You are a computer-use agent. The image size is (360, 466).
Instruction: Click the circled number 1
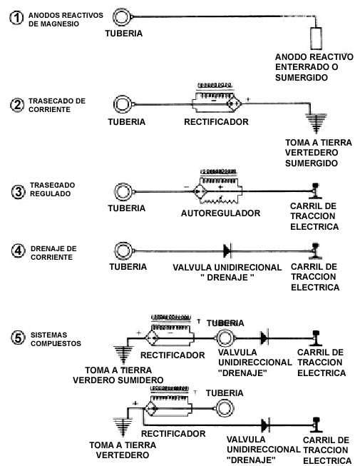pos(16,18)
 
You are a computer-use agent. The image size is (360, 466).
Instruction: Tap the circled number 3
pos(18,192)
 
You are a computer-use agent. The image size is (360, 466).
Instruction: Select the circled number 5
pos(18,338)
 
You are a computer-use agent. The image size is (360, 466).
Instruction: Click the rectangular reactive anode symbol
pos(316,39)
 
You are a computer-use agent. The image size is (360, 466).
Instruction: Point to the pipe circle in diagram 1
pos(121,17)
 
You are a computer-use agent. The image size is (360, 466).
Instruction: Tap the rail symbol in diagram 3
pos(315,191)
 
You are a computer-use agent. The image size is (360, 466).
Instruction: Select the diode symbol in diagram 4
pos(227,250)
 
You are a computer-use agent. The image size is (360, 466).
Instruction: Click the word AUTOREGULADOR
pos(220,213)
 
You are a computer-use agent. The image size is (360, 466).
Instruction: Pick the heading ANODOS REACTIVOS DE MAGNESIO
pos(66,19)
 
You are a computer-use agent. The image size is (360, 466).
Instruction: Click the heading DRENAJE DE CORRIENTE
pos(53,253)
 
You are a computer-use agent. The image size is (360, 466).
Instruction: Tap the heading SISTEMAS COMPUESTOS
pos(56,339)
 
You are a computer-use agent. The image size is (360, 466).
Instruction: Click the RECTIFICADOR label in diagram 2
pos(216,122)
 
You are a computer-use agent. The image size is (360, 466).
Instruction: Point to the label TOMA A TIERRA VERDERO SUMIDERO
pos(118,375)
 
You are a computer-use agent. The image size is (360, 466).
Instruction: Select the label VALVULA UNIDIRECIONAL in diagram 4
pos(227,268)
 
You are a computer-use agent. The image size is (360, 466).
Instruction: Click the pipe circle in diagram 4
pos(123,250)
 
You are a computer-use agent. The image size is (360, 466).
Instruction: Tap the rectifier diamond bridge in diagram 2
pos(234,103)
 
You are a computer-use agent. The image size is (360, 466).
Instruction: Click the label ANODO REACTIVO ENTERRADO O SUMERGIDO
pos(314,67)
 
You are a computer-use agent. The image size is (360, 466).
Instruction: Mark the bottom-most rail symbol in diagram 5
pos(316,425)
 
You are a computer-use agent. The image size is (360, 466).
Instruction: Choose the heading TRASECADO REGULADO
pos(52,189)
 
